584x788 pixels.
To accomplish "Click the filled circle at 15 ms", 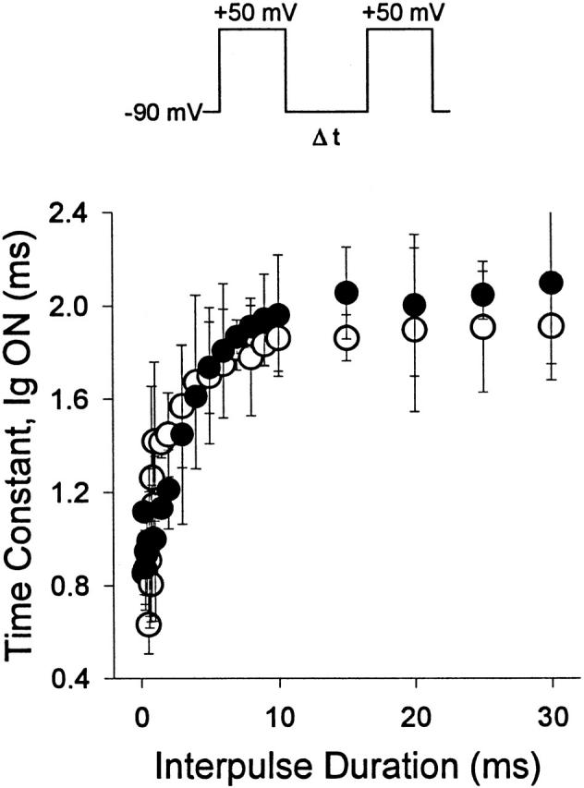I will click(x=347, y=293).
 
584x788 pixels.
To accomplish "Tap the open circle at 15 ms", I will click(x=347, y=337).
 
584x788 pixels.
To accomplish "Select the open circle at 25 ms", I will click(x=482, y=327).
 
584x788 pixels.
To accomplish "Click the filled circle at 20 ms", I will click(x=414, y=304).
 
